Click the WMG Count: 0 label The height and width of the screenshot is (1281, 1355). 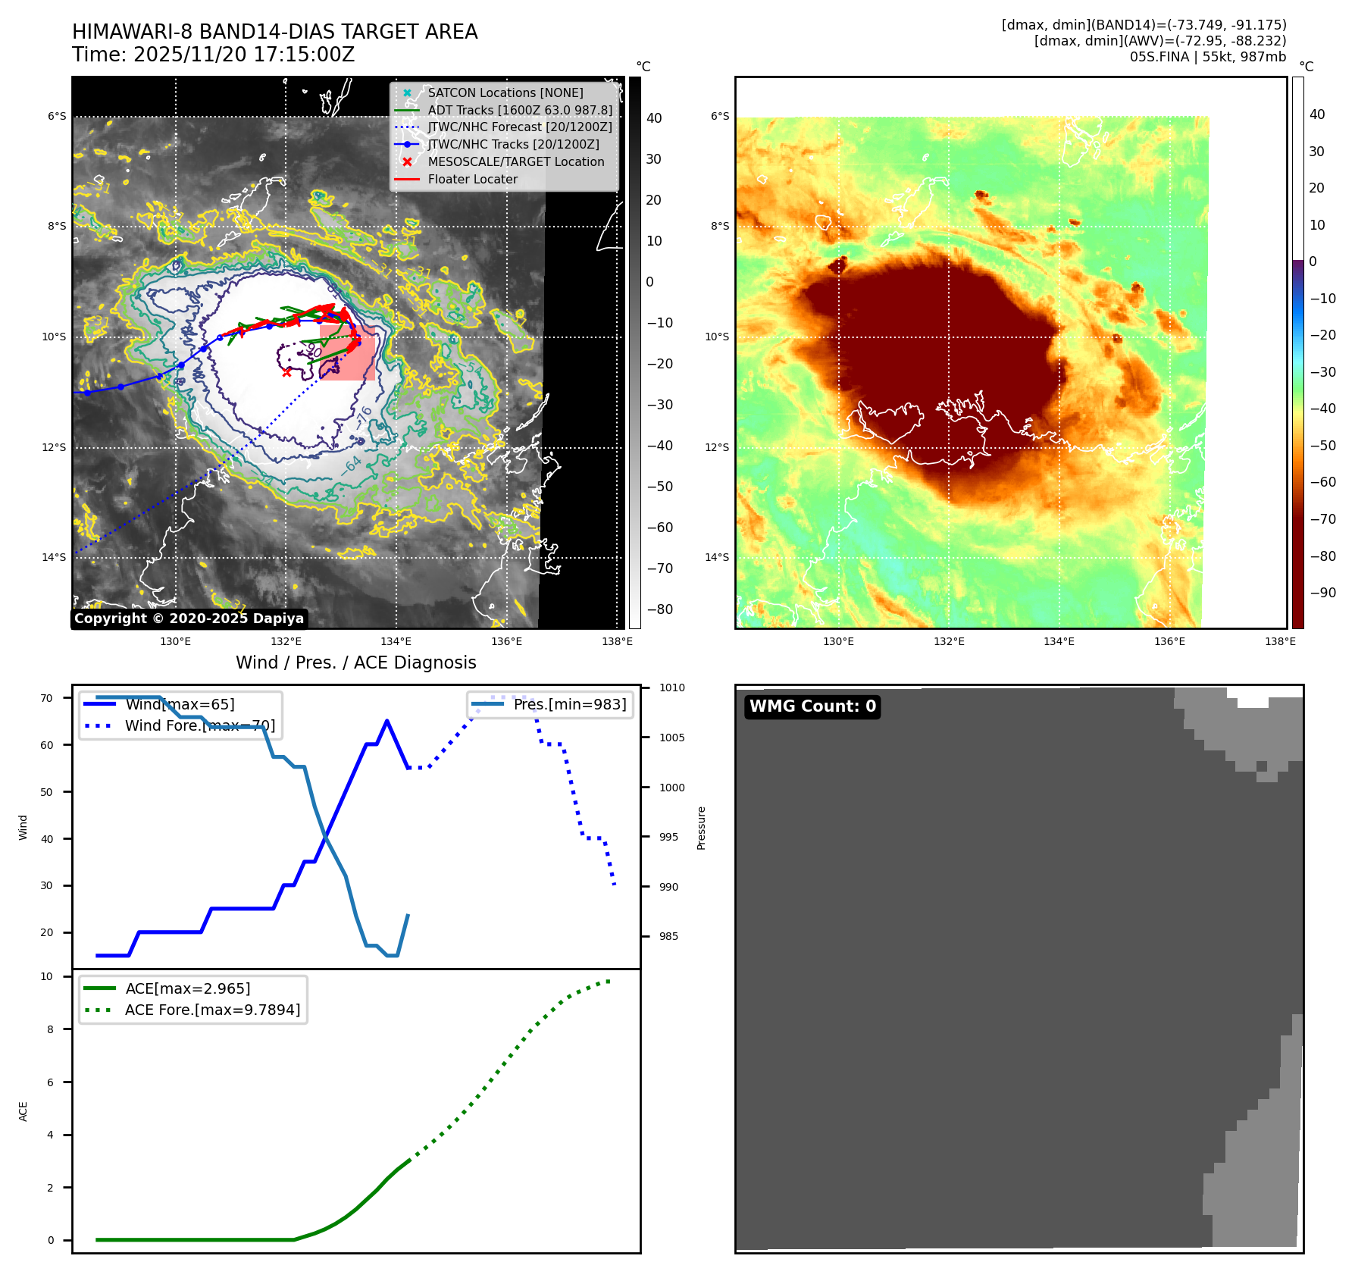(x=812, y=706)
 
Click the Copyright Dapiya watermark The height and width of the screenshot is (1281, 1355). (x=189, y=619)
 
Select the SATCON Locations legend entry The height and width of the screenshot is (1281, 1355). (x=505, y=92)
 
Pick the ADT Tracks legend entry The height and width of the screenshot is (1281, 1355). (x=519, y=110)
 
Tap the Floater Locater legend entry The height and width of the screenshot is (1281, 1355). (x=472, y=180)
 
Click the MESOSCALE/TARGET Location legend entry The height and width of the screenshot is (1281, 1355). (x=515, y=162)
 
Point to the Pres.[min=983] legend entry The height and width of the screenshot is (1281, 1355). (x=569, y=705)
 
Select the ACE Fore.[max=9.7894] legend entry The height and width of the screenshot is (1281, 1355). (x=212, y=1010)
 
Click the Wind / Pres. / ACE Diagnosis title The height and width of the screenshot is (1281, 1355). (x=356, y=662)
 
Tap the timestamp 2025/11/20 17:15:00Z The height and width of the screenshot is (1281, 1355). (x=244, y=55)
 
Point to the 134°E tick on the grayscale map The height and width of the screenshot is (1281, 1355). (x=396, y=642)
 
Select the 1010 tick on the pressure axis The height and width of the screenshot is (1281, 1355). (x=671, y=688)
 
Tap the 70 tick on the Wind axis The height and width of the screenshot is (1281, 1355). (x=47, y=698)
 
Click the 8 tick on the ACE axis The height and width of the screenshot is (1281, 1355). (x=50, y=1029)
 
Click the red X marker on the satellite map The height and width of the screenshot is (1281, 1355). (x=286, y=372)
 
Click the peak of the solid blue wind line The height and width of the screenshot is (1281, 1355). (x=387, y=720)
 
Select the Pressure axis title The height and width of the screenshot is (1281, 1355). (x=701, y=828)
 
